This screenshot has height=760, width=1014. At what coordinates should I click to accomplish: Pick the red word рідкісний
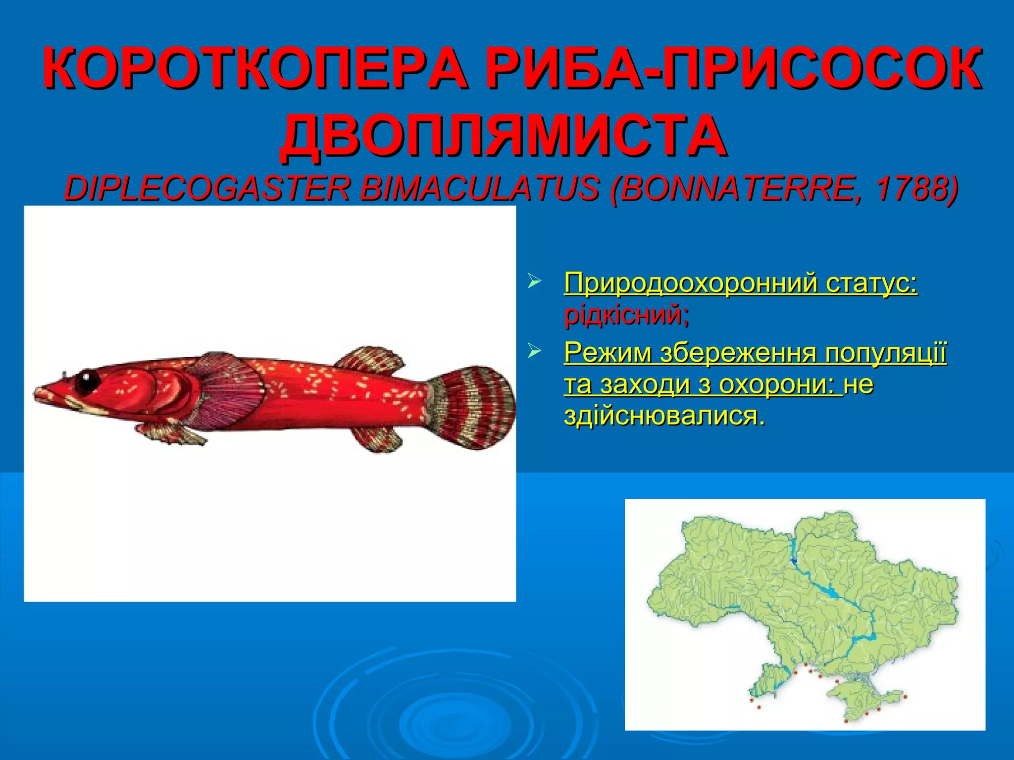[626, 315]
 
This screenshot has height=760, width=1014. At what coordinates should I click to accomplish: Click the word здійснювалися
[663, 416]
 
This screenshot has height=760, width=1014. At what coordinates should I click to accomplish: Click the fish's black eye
[88, 380]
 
